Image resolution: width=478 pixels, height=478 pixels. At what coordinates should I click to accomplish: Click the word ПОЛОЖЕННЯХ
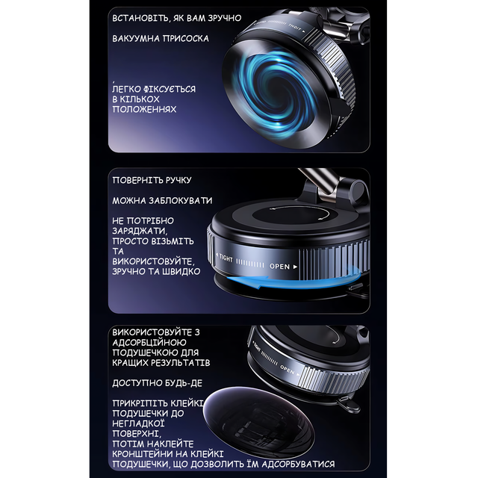click(144, 109)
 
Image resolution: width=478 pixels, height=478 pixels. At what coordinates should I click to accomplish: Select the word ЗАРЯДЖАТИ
click(140, 231)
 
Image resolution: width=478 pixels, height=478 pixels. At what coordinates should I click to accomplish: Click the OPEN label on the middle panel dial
click(279, 266)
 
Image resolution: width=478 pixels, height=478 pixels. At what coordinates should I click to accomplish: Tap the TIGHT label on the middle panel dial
click(226, 258)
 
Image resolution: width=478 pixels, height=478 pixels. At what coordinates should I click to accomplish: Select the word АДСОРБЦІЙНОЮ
click(149, 342)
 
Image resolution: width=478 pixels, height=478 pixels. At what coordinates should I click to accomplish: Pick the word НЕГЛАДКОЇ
click(138, 423)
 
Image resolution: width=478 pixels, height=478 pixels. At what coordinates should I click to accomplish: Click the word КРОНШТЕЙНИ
click(141, 454)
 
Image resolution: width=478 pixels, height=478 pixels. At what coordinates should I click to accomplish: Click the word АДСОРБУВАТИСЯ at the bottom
click(298, 465)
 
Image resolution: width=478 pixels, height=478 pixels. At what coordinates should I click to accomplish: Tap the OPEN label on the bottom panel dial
click(287, 370)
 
